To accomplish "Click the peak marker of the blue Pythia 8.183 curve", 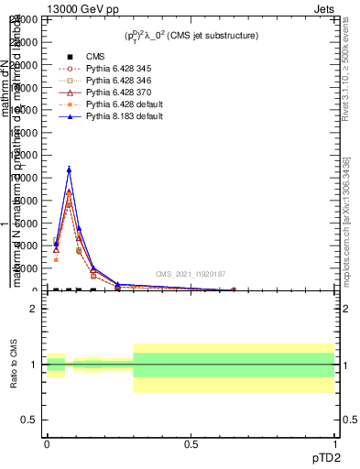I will tap(69, 169).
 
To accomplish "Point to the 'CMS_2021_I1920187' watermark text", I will tap(190, 273).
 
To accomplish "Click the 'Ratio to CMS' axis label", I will tap(14, 365).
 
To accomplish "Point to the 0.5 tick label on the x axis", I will tap(191, 443).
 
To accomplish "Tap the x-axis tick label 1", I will tap(334, 443).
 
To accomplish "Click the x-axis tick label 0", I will tap(47, 443).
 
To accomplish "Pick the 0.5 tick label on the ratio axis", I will tap(29, 420).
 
